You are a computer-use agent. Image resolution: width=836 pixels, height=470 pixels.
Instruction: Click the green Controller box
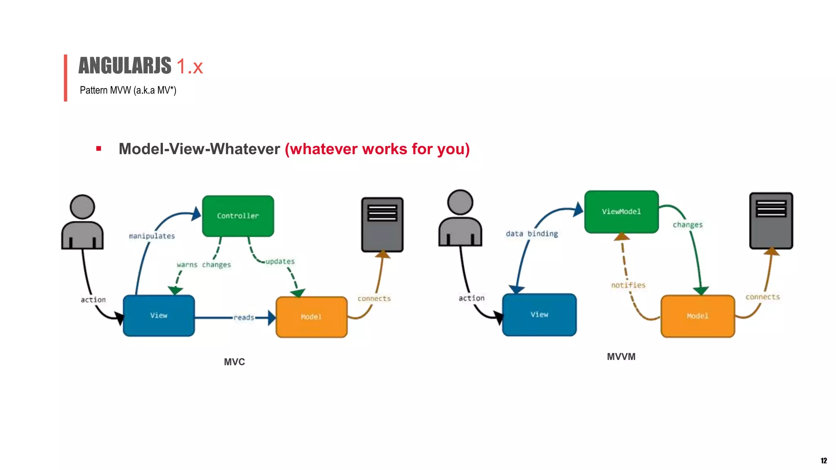coord(238,216)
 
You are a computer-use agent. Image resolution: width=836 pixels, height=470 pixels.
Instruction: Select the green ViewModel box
coord(621,212)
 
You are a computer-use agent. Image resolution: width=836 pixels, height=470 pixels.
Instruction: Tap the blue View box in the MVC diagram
coord(159,315)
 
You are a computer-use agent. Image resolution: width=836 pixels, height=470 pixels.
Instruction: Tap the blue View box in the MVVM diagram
coord(539,315)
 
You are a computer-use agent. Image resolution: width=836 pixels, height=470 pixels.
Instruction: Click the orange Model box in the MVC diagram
coord(311,317)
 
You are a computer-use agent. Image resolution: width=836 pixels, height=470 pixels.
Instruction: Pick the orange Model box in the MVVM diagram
coord(698,316)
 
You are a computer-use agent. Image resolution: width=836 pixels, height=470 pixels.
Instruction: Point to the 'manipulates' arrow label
coord(152,236)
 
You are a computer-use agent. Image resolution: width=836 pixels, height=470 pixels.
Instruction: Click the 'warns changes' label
coord(204,265)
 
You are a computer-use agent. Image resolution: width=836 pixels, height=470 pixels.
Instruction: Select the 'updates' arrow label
coord(280,262)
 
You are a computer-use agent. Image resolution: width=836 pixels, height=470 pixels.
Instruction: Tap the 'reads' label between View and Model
coord(244,317)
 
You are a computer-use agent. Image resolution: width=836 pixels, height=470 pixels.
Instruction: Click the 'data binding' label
coord(532,234)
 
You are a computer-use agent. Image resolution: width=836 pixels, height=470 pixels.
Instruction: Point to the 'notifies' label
coord(628,285)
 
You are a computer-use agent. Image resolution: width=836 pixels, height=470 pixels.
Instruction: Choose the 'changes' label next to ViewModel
coord(687,225)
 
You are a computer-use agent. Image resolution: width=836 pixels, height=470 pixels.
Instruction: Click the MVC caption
coord(234,362)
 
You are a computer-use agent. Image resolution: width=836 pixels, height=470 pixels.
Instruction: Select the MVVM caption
coord(621,357)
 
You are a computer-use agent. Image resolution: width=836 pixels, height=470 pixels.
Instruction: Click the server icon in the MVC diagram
coord(382,225)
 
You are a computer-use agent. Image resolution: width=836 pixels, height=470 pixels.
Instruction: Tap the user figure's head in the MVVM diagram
coord(460,202)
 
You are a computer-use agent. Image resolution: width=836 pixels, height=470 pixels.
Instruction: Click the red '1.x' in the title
coord(189,67)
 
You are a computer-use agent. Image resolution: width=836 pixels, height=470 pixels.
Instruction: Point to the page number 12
coord(823,461)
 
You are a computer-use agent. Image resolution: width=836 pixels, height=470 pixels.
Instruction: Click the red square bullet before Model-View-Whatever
coord(98,149)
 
